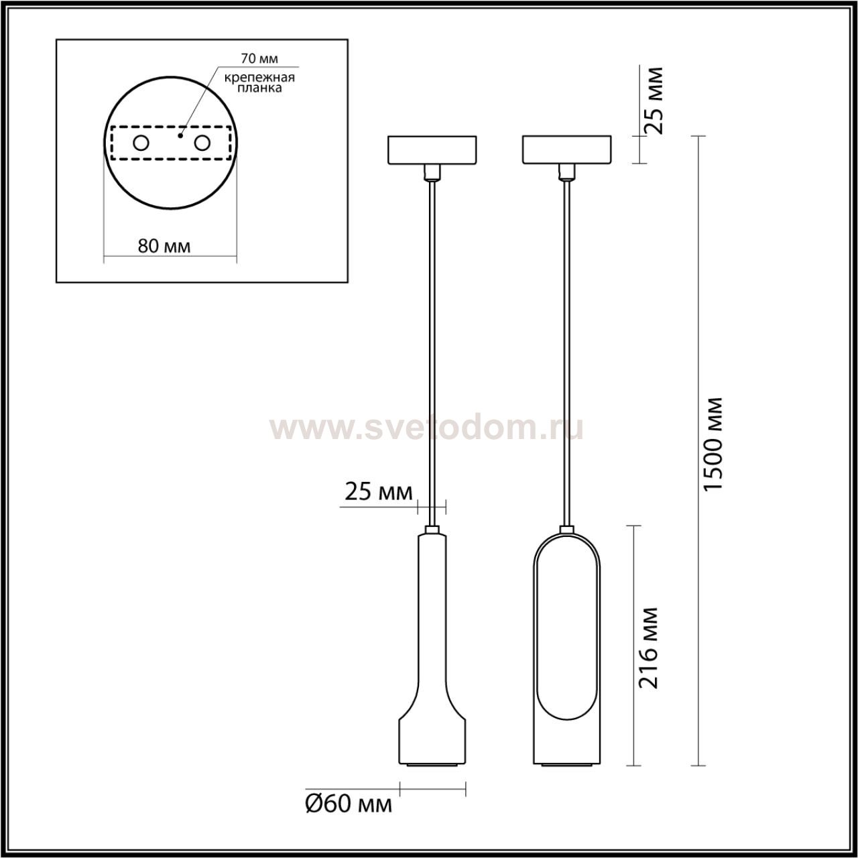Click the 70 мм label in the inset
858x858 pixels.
pyautogui.click(x=259, y=58)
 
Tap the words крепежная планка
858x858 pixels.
pyautogui.click(x=259, y=83)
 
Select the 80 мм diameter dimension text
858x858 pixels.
pyautogui.click(x=164, y=246)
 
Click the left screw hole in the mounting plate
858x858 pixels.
pyautogui.click(x=141, y=143)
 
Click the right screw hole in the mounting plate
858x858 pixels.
pyautogui.click(x=202, y=143)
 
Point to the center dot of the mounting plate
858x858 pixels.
pyautogui.click(x=180, y=135)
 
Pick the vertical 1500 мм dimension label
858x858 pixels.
pyautogui.click(x=713, y=444)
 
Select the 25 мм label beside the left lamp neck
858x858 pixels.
pyautogui.click(x=379, y=493)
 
